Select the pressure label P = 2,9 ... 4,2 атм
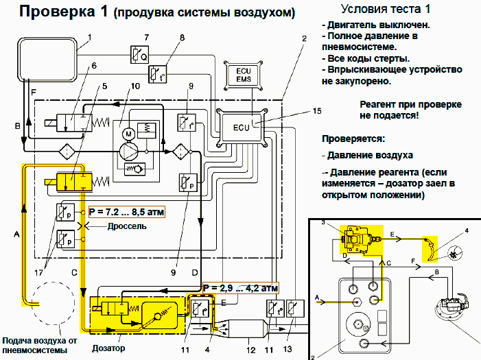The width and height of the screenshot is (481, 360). tap(241, 287)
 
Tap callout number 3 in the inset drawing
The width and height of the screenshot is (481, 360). tap(323, 224)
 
